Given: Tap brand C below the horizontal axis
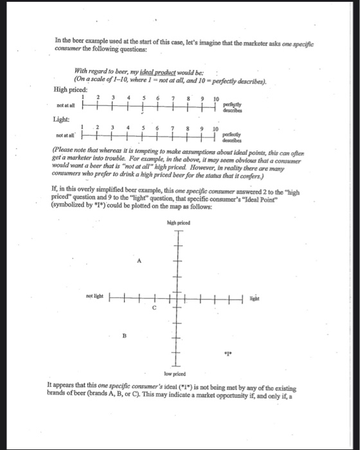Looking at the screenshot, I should (154, 307).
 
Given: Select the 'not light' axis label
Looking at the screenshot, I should (94, 296).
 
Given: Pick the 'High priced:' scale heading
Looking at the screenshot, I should (70, 89).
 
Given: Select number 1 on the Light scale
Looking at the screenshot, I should (82, 127).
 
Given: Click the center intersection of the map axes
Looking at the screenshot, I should (174, 296).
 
